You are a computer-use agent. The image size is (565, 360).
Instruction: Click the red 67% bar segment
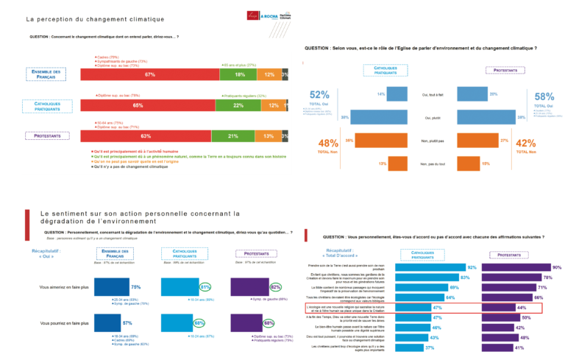tap(150, 74)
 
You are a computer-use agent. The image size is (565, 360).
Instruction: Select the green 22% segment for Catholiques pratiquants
tap(238, 105)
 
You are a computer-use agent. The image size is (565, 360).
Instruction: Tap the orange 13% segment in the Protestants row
tap(269, 136)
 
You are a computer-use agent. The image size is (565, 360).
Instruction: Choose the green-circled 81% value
tap(206, 287)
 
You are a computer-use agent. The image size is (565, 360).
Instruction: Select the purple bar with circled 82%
tap(252, 287)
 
